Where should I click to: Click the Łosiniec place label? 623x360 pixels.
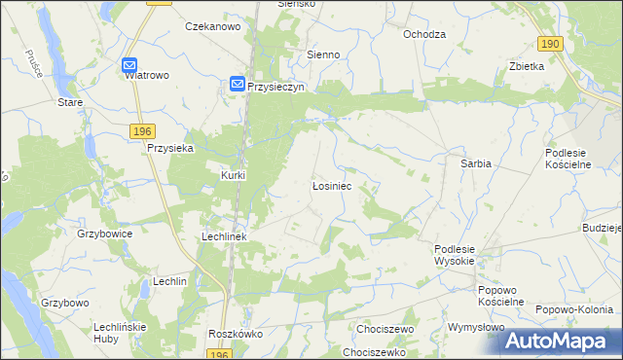331,184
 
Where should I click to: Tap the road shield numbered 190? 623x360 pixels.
550,44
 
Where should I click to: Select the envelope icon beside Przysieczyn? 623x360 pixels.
238,86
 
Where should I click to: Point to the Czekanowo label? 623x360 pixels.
212,27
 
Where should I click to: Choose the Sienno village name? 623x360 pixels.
323,55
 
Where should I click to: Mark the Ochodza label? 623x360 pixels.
424,34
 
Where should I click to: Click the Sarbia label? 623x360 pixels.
475,164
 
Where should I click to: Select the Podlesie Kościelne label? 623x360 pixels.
576,159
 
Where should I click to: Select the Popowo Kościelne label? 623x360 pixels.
501,296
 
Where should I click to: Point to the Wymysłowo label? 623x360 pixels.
475,327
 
